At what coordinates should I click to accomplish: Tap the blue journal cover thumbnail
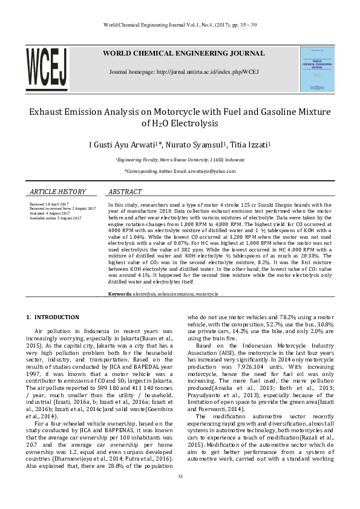[317, 70]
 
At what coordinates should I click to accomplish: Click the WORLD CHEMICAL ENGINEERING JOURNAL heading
[183, 53]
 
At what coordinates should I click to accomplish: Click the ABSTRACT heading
[125, 192]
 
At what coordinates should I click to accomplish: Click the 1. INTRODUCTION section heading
[53, 317]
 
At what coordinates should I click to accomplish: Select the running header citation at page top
[180, 25]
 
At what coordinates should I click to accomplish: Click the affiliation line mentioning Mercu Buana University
[180, 160]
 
